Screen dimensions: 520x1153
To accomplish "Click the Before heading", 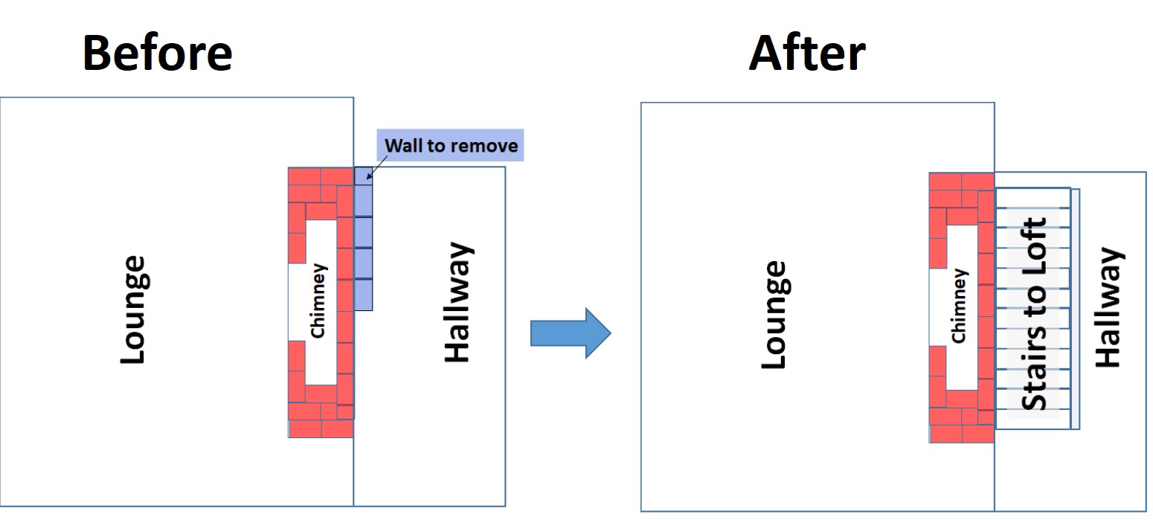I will pos(157,53).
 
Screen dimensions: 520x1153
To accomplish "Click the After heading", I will pos(807,53).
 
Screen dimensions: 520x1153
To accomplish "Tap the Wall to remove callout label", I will pos(451,145).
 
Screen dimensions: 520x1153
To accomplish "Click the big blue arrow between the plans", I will pos(570,333).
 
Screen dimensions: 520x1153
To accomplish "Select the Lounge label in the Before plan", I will pos(132,309).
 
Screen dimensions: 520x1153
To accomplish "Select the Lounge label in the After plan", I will pos(774,314).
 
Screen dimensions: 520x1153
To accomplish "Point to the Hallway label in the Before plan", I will pos(457,301).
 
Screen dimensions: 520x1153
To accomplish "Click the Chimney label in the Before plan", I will pos(318,300).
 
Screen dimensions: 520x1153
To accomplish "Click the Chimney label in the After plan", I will pos(959,306).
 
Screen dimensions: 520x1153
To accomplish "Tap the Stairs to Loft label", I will pos(1035,313).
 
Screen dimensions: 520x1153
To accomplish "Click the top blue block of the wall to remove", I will pos(363,176).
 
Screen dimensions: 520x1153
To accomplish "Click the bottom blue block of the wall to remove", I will pos(363,295).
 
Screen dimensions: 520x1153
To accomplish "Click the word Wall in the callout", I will pos(402,145).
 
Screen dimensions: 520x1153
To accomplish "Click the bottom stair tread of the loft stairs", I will pos(1035,419).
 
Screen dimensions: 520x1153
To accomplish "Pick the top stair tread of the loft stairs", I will pos(1035,198).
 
